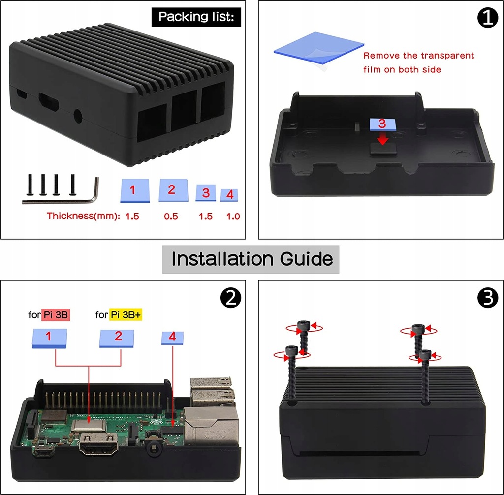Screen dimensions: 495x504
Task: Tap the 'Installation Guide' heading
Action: click(252, 258)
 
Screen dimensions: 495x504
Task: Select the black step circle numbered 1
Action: click(487, 18)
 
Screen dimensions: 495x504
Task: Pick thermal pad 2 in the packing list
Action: click(172, 190)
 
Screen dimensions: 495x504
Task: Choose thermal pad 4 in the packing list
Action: click(229, 195)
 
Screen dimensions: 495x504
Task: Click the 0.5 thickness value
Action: click(171, 216)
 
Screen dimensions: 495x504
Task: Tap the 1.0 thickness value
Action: click(233, 216)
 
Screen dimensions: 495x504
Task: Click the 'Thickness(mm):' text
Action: click(83, 216)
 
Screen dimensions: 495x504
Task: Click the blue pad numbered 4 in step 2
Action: click(172, 338)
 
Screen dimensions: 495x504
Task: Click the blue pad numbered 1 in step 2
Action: click(49, 338)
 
